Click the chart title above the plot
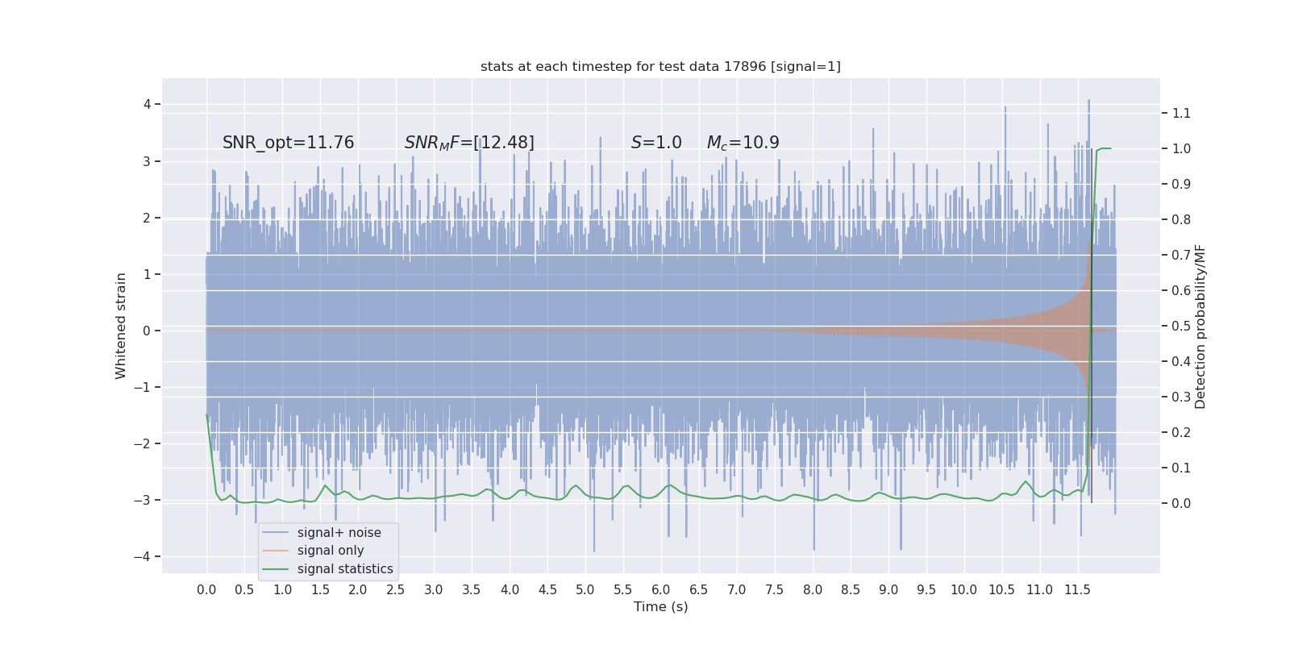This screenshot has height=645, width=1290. coord(660,66)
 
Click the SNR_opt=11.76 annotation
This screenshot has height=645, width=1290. coord(288,143)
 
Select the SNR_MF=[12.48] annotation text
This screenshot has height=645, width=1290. coord(469,143)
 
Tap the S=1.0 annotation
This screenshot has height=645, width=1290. coord(656,143)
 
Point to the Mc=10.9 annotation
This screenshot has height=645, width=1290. coord(743,143)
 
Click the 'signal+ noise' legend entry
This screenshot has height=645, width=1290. coord(339,533)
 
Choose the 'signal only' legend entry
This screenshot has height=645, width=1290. coord(330,551)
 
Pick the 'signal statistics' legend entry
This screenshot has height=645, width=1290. coord(344,569)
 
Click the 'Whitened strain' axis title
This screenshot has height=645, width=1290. coord(121,326)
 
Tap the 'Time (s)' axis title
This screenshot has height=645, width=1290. coord(660,607)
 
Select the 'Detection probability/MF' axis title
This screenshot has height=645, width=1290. coord(1201,326)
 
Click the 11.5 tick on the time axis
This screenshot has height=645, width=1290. coord(1077,589)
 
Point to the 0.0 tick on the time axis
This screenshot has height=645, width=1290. coord(206,589)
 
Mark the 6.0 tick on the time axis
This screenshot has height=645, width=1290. coord(661,589)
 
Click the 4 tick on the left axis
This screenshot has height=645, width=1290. coord(147,104)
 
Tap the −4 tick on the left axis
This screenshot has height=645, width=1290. coord(144,556)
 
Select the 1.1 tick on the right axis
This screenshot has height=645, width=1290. coord(1181,113)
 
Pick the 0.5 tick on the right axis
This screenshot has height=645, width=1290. coord(1181,326)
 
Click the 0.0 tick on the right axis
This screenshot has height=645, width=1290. coord(1181,503)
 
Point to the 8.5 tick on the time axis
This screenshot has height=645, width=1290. coord(851,589)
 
